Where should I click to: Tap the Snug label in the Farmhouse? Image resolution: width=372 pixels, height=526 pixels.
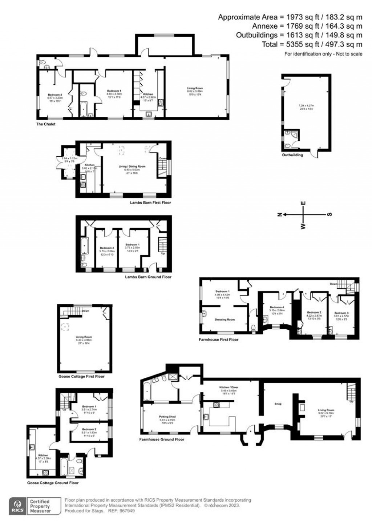click(x=278, y=404)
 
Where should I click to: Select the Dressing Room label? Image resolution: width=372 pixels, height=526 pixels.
click(x=225, y=320)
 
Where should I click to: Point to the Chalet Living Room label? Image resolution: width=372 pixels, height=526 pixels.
click(x=195, y=88)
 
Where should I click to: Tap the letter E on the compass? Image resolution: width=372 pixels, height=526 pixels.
click(x=304, y=203)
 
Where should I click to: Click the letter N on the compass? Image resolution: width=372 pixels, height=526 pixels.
click(x=279, y=214)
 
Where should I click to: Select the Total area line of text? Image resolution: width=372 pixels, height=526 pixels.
click(x=312, y=44)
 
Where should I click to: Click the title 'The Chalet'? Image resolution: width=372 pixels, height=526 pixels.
click(x=46, y=124)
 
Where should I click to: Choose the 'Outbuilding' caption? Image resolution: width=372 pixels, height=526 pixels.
click(x=292, y=155)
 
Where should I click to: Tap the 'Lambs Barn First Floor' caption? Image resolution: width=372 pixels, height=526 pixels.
click(x=150, y=202)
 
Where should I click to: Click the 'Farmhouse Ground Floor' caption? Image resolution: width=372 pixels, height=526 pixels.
click(x=162, y=439)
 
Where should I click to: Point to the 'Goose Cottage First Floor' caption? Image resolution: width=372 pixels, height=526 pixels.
click(x=81, y=376)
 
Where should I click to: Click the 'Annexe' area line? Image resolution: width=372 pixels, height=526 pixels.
click(x=307, y=26)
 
